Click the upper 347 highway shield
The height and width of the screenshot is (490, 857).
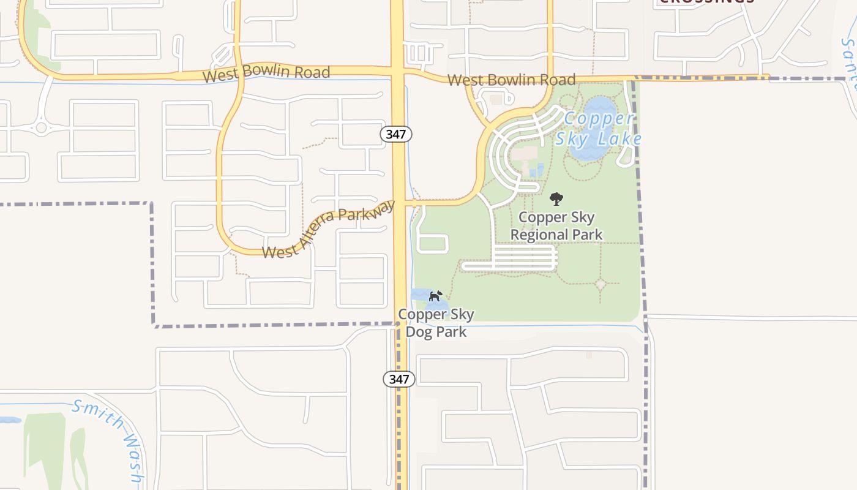(x=396, y=134)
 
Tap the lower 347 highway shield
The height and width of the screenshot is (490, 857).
(x=399, y=379)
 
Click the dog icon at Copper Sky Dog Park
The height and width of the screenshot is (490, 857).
(x=435, y=296)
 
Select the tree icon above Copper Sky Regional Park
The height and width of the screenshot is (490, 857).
(x=556, y=198)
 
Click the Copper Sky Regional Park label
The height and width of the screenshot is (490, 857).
(x=556, y=226)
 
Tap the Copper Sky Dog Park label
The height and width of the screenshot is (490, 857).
(x=436, y=323)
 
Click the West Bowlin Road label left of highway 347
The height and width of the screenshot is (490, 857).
(x=266, y=73)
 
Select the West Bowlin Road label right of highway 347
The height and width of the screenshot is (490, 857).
(x=511, y=80)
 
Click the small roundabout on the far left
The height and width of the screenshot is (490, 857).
(x=41, y=127)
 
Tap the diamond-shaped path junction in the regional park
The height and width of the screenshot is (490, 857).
(x=601, y=284)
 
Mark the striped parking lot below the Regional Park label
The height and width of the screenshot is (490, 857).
(x=525, y=258)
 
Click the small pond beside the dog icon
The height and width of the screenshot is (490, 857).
(x=421, y=295)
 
